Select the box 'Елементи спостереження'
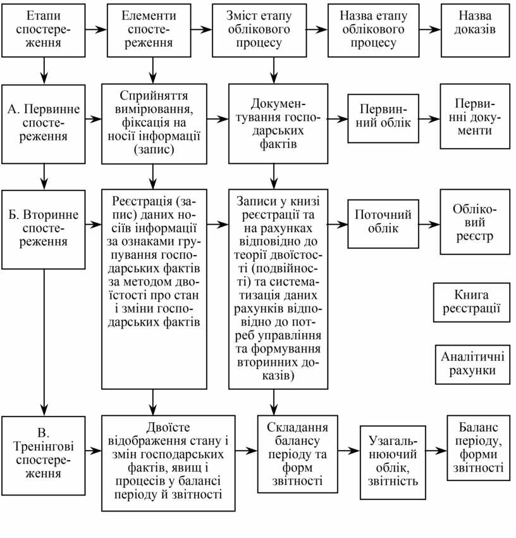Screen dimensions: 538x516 coord(151,30)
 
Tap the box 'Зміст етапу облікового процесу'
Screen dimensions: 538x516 coord(273,30)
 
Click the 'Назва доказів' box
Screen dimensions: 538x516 coord(474,30)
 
